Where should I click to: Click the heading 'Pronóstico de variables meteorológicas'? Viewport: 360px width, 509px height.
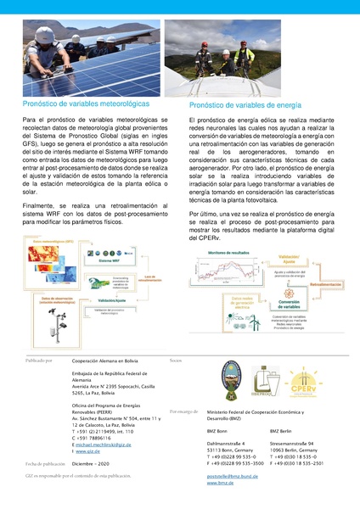[x=88, y=103]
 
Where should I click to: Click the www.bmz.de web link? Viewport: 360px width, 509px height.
[x=222, y=484]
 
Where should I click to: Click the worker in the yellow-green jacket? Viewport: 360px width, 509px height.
[x=245, y=56]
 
